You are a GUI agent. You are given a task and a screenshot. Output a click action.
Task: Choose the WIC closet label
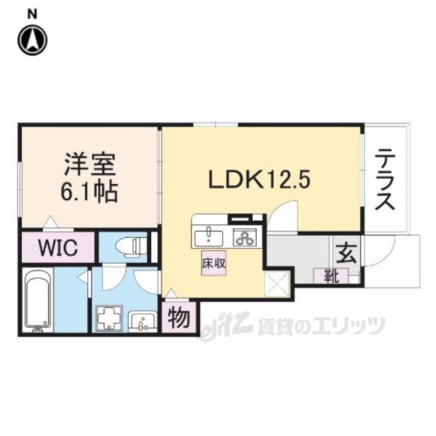click(x=57, y=246)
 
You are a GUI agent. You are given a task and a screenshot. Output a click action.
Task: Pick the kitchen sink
click(x=207, y=237)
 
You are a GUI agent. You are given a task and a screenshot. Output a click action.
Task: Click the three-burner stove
click(x=243, y=237)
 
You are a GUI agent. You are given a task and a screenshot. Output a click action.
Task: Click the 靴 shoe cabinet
click(x=330, y=276)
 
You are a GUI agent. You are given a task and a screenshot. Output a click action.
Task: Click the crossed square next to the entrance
click(x=277, y=282)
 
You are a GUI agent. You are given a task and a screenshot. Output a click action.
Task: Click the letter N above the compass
click(x=33, y=13)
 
